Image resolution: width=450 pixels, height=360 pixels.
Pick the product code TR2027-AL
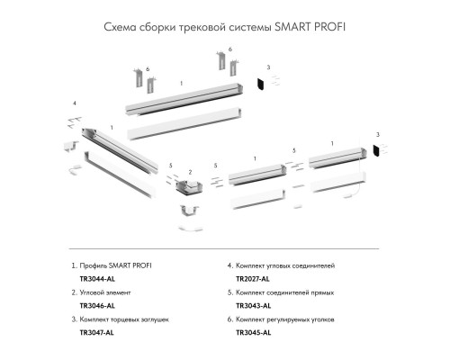(x=253, y=280)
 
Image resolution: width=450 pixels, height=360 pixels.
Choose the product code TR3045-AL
(x=253, y=333)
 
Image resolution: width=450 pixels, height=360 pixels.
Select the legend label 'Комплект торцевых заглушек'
(x=131, y=320)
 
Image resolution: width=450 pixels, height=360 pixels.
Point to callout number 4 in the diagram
(x=74, y=103)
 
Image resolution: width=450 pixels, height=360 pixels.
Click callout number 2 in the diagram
(x=190, y=171)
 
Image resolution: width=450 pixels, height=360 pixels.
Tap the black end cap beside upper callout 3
(x=257, y=83)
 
